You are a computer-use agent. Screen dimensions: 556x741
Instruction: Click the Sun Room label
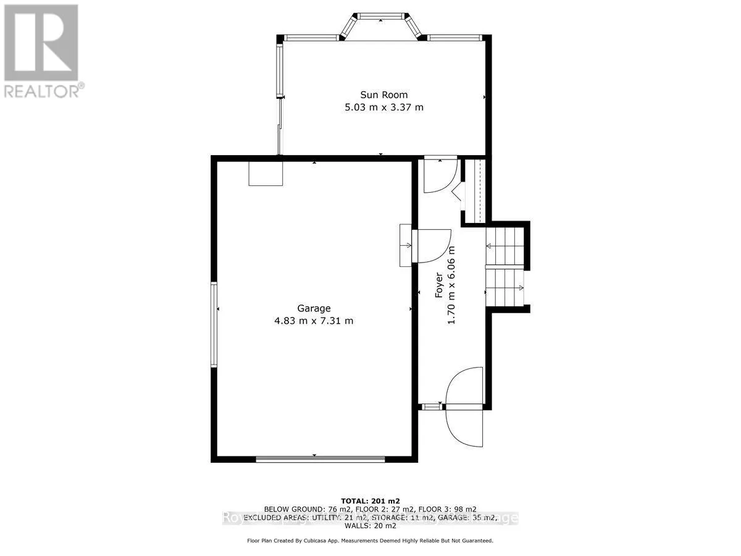click(384, 95)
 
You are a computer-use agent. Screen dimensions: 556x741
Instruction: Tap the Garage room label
click(314, 308)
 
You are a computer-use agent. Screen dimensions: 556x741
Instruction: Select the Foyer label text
click(439, 285)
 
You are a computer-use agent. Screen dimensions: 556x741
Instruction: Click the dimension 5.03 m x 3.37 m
click(384, 107)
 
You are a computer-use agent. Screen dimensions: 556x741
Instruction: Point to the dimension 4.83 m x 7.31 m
click(314, 321)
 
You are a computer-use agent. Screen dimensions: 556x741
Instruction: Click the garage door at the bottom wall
click(320, 458)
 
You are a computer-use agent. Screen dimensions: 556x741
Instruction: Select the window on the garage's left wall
click(214, 324)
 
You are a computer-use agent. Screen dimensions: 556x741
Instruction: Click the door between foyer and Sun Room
click(439, 176)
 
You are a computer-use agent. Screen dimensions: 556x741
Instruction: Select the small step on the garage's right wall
click(406, 245)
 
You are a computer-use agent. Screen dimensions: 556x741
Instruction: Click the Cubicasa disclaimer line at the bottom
click(371, 541)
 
